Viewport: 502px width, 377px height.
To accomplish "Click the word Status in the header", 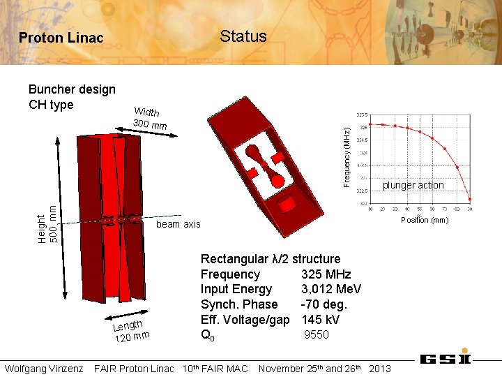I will coord(243,36).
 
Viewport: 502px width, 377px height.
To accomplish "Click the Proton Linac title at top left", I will coord(61,38).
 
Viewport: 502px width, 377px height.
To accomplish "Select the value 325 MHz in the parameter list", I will coord(326,274).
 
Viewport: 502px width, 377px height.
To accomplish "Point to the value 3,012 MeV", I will coord(331,289).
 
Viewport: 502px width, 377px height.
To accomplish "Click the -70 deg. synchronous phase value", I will coord(324,304).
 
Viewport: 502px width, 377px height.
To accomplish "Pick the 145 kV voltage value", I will coord(320,319).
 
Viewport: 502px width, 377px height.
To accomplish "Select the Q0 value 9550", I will coord(316,334).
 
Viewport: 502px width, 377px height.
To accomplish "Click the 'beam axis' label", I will coord(178,224).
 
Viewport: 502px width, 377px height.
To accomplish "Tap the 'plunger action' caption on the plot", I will coord(413,185).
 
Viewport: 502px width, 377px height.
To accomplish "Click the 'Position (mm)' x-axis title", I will coord(425,220).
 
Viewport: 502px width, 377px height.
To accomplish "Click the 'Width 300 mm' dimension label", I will coord(149,119).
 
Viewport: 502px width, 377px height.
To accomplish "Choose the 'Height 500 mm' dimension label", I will coord(47,218).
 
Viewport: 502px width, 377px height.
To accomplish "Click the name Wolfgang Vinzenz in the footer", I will coord(44,368).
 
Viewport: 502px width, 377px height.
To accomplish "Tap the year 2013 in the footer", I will coord(379,368).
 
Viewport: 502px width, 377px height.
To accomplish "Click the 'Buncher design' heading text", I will coord(72,89).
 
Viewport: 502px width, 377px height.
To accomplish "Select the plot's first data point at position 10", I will coord(370,124).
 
